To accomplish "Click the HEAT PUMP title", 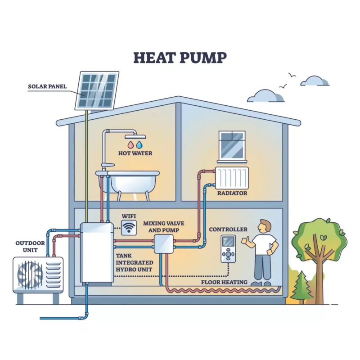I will [x=180, y=58].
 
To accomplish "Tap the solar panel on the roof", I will [x=97, y=90].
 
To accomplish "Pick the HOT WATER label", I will [x=135, y=153].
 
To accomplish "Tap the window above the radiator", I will [x=232, y=145].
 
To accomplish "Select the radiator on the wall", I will [x=232, y=178].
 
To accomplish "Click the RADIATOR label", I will [x=232, y=193].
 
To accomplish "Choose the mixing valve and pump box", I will [x=163, y=243].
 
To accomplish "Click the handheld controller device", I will [x=229, y=249].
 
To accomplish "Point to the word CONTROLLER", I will [x=228, y=229].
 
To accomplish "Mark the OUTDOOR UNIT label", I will [x=30, y=247].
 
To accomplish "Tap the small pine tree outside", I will [x=301, y=287].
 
